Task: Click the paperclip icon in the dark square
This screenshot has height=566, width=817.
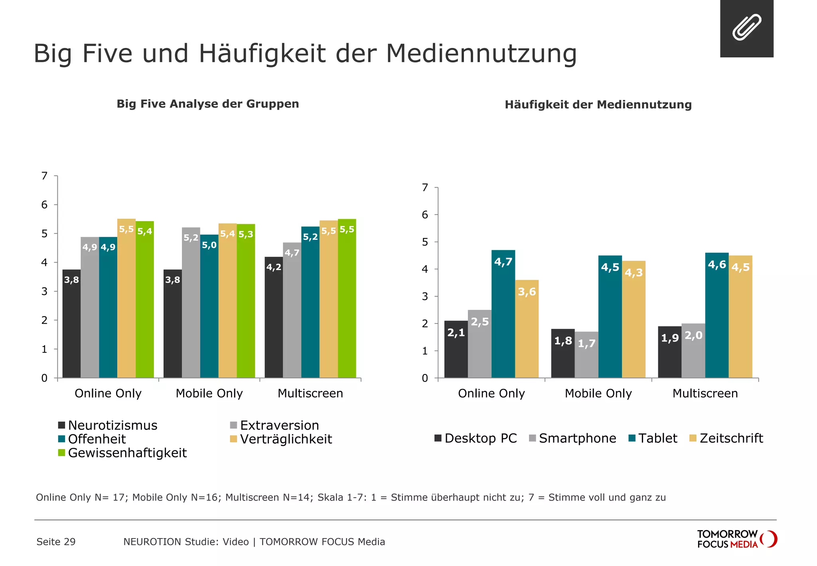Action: tap(746, 28)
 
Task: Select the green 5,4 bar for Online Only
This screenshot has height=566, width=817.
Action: tap(145, 299)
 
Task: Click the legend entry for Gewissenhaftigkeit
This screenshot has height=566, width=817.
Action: tap(123, 453)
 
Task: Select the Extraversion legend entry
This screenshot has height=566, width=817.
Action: tap(274, 425)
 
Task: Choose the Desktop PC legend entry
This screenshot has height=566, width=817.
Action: tap(476, 438)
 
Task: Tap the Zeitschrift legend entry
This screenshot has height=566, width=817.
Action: tap(726, 438)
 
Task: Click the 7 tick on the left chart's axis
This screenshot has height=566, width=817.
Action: tap(45, 176)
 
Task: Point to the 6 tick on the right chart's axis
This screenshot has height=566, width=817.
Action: tap(425, 215)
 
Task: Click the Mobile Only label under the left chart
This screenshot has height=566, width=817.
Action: tap(209, 393)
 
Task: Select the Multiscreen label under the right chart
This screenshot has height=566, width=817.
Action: tap(705, 393)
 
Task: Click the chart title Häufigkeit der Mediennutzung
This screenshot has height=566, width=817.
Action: tap(598, 105)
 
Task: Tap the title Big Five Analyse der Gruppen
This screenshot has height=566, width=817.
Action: tap(207, 104)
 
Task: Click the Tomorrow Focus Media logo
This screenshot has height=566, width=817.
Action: tap(736, 539)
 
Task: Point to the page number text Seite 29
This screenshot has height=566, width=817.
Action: tap(56, 542)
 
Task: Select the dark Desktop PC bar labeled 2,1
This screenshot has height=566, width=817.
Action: tap(456, 349)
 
